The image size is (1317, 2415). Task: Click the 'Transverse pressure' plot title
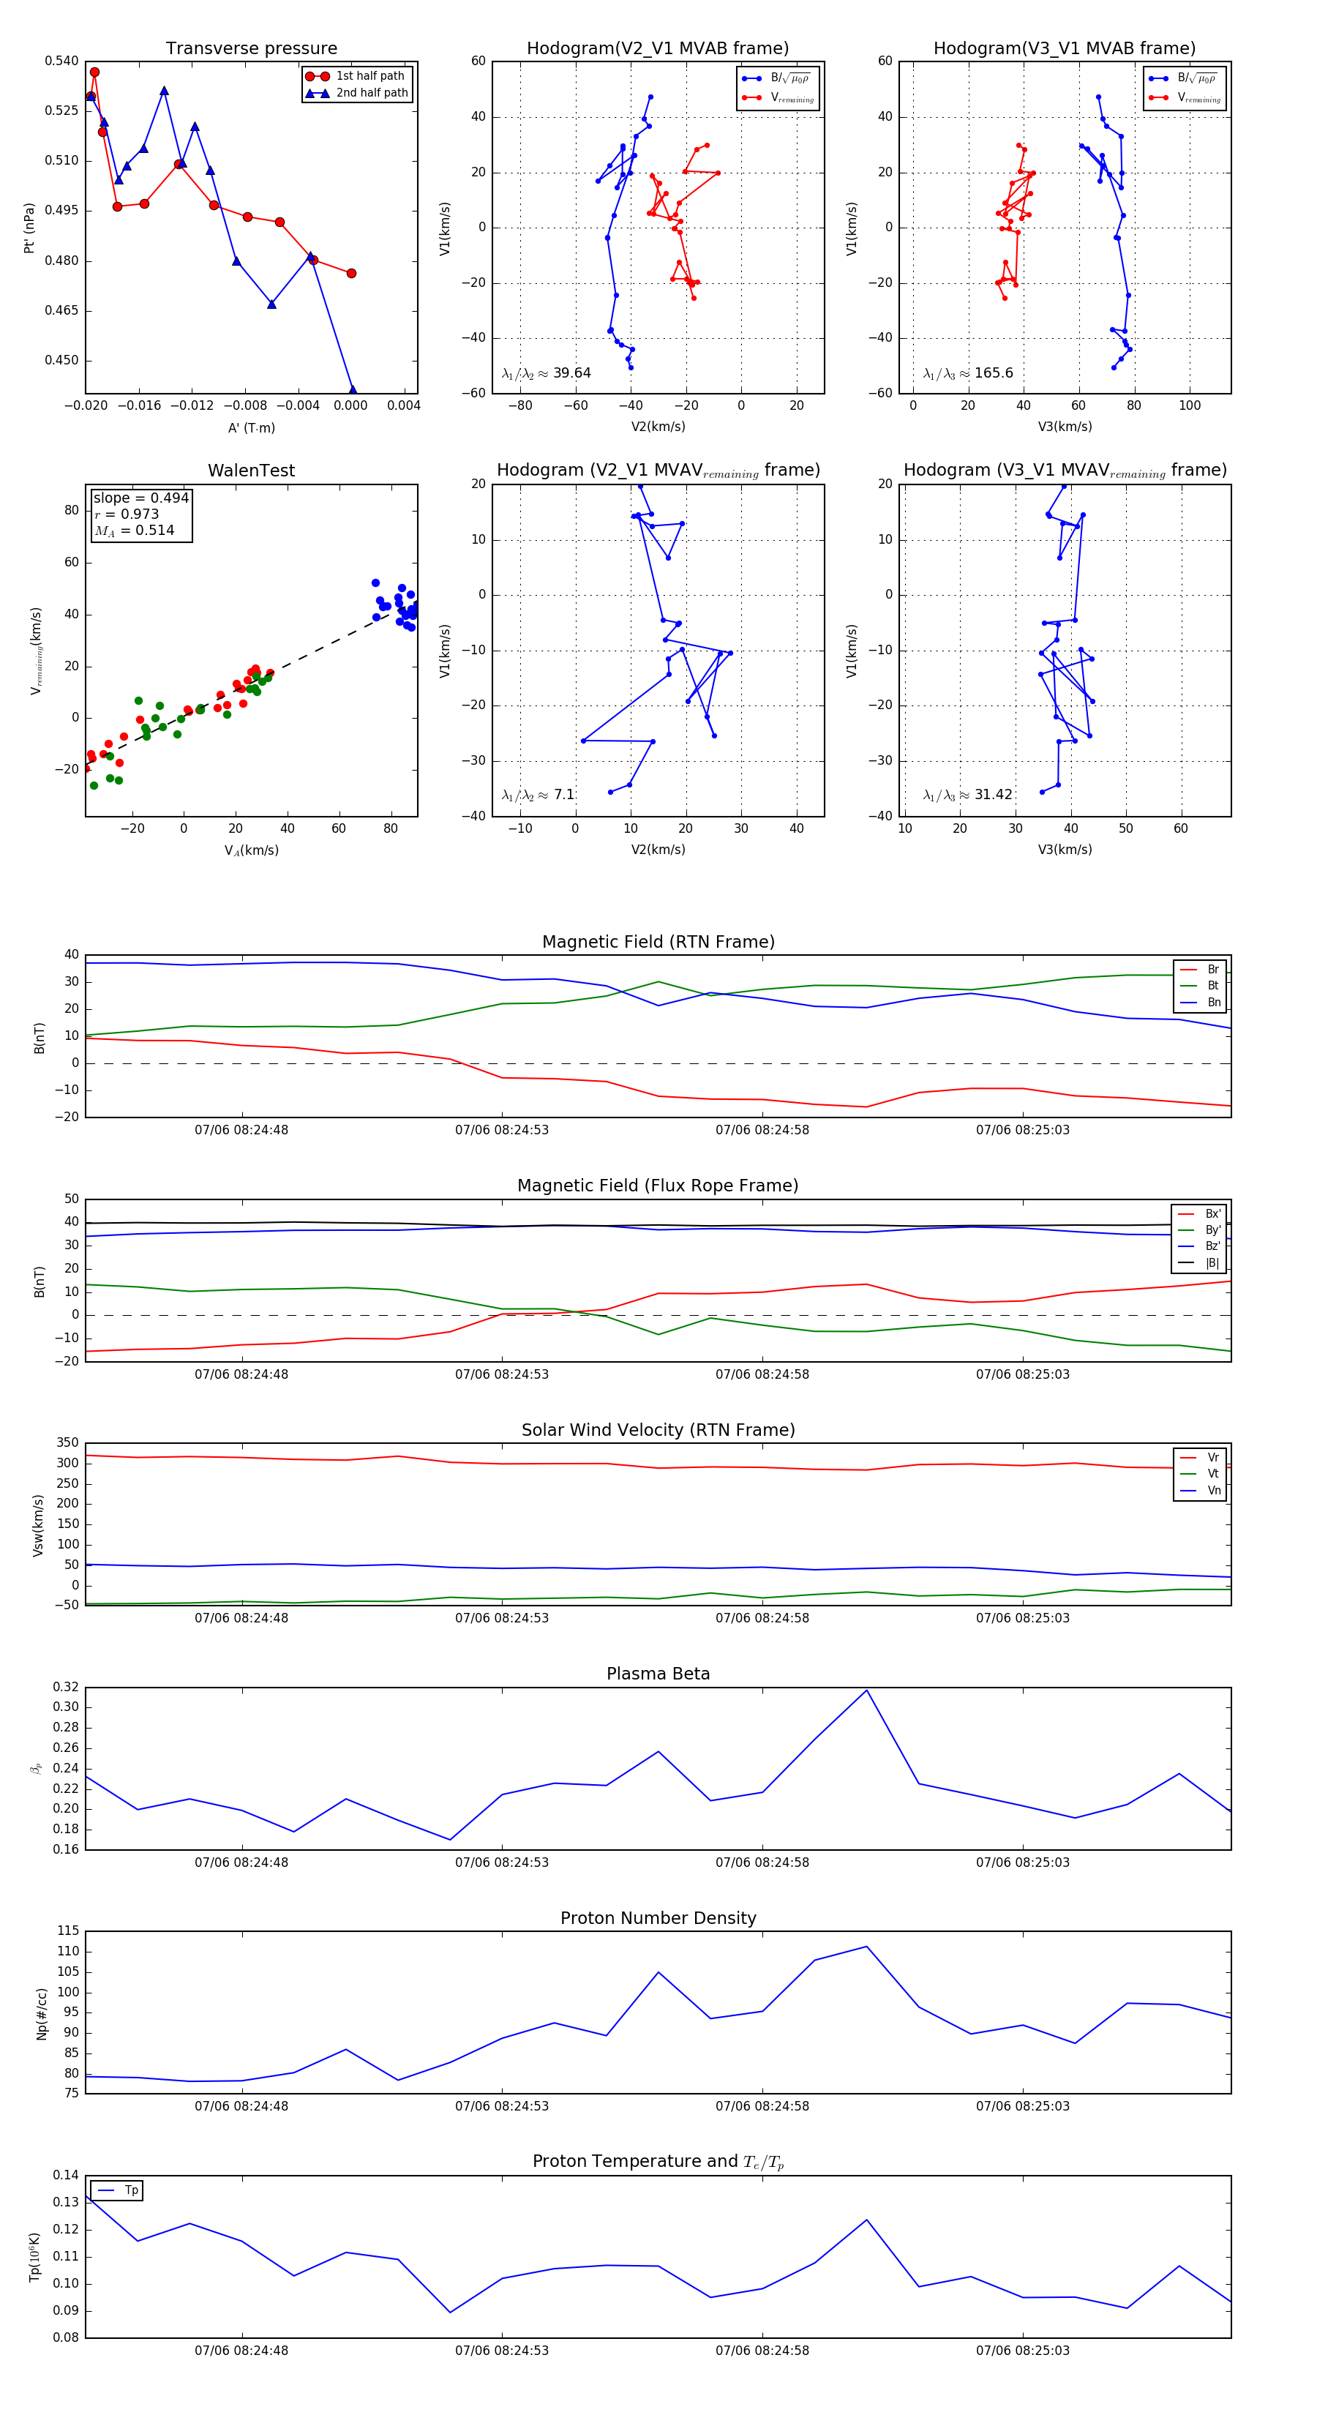[x=251, y=49]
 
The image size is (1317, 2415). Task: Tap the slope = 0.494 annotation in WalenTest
[x=140, y=498]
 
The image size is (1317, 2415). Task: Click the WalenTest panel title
[x=251, y=471]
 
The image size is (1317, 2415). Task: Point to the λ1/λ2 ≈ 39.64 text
[x=546, y=373]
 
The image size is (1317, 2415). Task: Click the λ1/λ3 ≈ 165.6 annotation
[x=967, y=373]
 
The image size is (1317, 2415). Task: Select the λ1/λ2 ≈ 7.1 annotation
[x=537, y=795]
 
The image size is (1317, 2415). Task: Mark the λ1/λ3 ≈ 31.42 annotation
[x=967, y=795]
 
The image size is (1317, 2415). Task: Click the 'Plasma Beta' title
[x=658, y=1674]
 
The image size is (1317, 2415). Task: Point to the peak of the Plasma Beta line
[x=866, y=1690]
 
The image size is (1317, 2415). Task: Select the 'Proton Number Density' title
[x=658, y=1917]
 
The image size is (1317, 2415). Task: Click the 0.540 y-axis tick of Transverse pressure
[x=62, y=61]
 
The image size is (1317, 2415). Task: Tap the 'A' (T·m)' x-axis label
[x=251, y=427]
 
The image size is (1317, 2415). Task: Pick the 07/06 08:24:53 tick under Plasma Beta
[x=501, y=1862]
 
